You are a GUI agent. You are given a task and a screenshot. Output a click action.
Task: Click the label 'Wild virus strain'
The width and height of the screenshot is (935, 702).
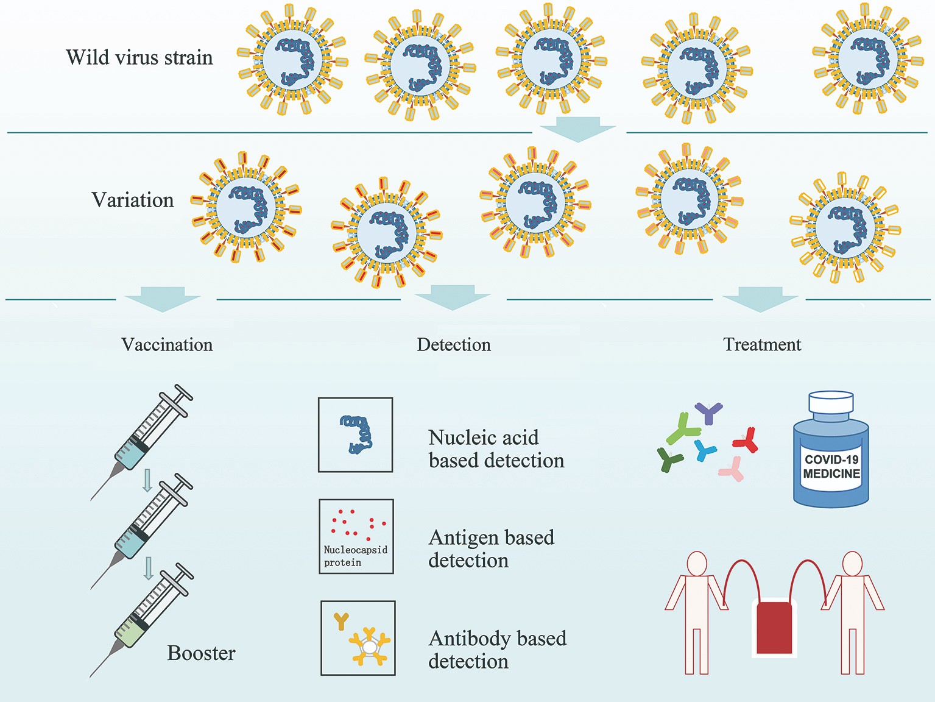tap(139, 57)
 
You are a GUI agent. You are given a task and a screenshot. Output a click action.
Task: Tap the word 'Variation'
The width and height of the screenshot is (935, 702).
tap(133, 200)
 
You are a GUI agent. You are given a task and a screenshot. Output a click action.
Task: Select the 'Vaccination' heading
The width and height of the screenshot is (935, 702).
tap(167, 344)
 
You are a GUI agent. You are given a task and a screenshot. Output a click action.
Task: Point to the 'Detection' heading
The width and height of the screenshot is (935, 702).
tap(454, 344)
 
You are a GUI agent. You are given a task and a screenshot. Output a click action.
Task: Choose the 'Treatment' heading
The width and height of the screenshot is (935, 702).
tap(762, 344)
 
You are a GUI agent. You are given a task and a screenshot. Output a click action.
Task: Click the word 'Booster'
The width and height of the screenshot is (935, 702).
tap(201, 653)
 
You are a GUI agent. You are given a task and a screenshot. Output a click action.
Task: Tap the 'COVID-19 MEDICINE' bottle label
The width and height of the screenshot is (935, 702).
tap(831, 467)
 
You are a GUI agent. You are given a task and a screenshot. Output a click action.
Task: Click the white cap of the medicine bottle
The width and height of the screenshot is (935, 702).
tap(831, 402)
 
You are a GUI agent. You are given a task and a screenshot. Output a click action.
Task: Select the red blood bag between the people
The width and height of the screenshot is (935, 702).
tap(774, 628)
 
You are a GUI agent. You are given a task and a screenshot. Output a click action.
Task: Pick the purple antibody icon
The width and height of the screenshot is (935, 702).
tap(708, 413)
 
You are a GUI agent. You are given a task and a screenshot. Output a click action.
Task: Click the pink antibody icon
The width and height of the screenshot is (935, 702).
tap(732, 469)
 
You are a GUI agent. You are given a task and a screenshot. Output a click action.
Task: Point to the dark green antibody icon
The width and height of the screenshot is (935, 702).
tap(670, 458)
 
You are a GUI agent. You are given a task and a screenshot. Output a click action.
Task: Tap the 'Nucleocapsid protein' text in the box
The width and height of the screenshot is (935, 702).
tap(355, 556)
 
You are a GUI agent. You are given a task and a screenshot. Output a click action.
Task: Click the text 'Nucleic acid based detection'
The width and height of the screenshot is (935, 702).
tap(496, 449)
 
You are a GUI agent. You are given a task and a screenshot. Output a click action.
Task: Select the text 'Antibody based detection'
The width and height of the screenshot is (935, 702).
tap(497, 650)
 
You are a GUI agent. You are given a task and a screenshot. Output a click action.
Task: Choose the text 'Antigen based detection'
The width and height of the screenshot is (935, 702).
tap(491, 548)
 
